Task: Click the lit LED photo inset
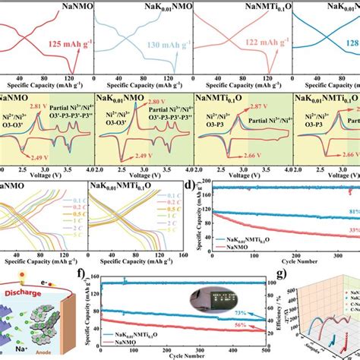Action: pyautogui.click(x=224, y=292)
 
